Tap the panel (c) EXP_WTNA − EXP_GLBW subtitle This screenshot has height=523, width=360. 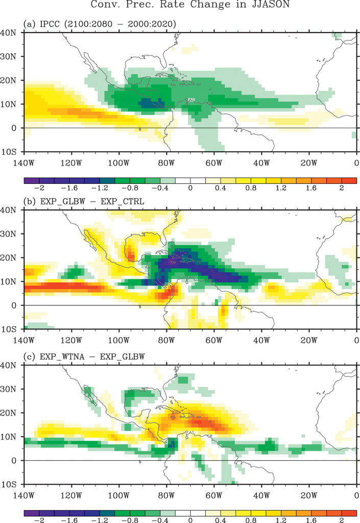(x=84, y=355)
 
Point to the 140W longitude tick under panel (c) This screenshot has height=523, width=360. (x=24, y=495)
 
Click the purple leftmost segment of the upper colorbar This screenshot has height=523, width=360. (x=32, y=180)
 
